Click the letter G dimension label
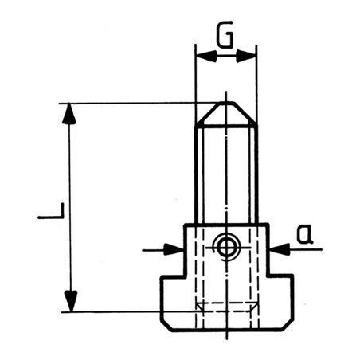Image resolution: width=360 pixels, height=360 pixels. coord(225,37)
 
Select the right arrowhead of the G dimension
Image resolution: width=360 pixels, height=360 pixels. coord(249,56)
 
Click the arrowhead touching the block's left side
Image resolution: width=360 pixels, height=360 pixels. coord(176,249)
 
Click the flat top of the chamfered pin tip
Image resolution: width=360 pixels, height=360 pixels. coord(226,103)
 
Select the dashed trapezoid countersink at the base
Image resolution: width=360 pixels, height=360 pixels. coord(226,307)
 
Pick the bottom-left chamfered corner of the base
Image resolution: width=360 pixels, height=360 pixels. coord(166,326)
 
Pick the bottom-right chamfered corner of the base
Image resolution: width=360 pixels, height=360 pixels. coord(289,326)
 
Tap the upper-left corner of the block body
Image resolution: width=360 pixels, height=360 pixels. coord(186,225)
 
